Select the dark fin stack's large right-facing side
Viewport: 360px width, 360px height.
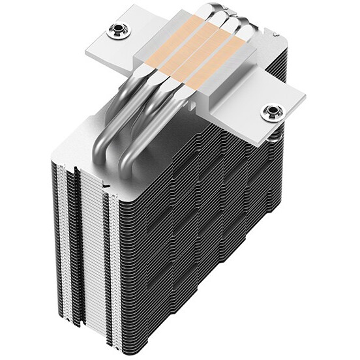pyautogui.click(x=215, y=241)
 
